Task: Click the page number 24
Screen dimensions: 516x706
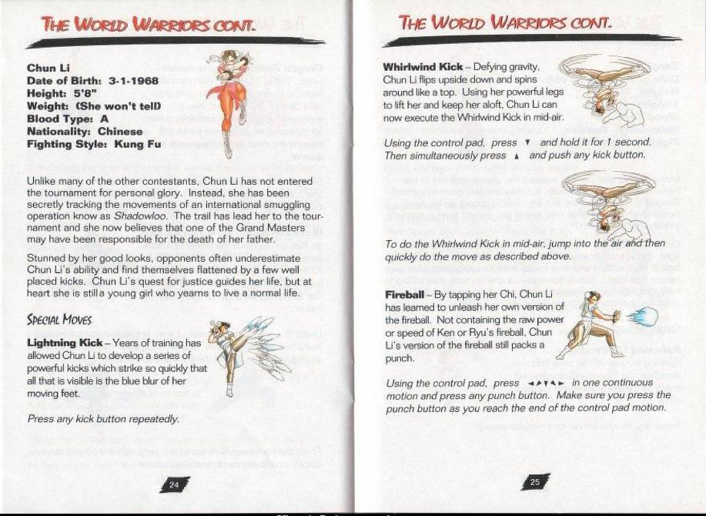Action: (174, 484)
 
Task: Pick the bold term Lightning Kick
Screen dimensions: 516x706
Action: (70, 341)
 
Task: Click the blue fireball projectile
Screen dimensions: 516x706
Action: (647, 315)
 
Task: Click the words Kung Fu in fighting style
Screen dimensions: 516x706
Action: (136, 144)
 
